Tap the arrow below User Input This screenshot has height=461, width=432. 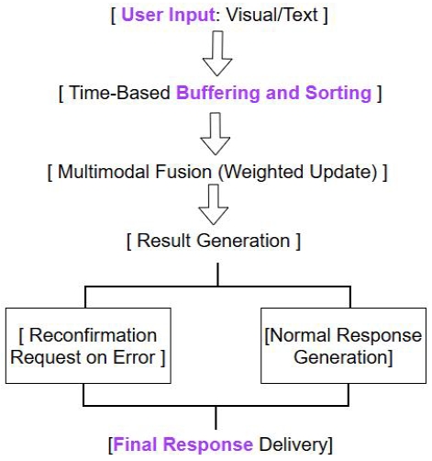tap(217, 56)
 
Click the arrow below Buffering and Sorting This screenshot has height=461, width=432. tap(217, 135)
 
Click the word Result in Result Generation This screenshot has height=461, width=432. tap(162, 242)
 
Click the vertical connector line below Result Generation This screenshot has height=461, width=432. tap(216, 275)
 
